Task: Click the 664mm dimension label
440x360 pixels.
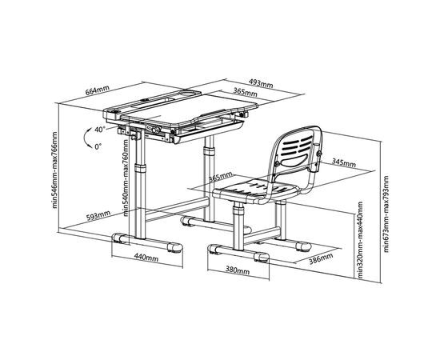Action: click(98, 90)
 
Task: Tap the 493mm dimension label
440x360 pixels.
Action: click(261, 83)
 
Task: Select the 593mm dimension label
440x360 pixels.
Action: click(98, 215)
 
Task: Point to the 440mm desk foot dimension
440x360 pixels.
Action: click(146, 258)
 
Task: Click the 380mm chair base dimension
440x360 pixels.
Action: click(238, 270)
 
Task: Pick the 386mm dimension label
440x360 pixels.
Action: click(321, 258)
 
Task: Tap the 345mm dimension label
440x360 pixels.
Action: click(344, 162)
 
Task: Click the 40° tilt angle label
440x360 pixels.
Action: click(100, 130)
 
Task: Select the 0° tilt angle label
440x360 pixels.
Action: click(98, 146)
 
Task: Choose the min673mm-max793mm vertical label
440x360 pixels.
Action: click(386, 214)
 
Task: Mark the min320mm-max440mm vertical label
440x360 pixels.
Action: click(360, 240)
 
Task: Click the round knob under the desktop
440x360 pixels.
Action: click(155, 130)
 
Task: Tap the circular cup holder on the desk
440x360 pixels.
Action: click(189, 92)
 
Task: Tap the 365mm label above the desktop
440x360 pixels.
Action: click(246, 92)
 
